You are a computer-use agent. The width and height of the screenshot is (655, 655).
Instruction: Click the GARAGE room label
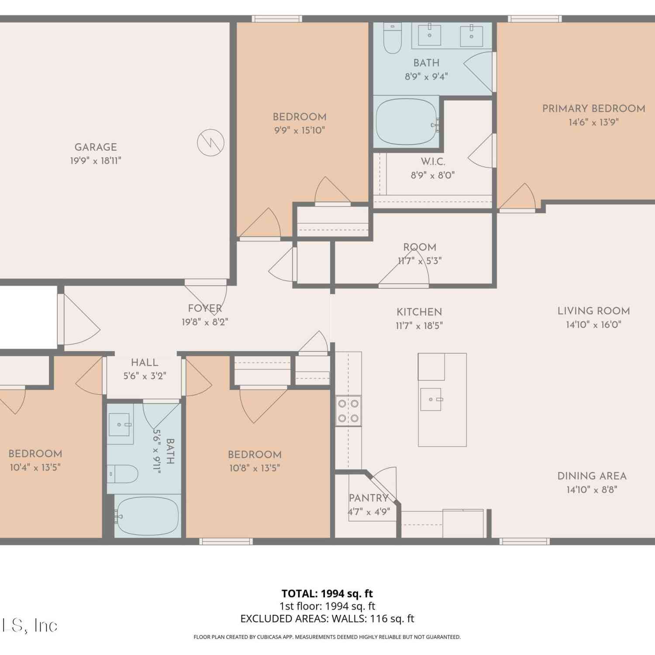tap(96, 147)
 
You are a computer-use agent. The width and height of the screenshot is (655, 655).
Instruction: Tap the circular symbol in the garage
tap(210, 142)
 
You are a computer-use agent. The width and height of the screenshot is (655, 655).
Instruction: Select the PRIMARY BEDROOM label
tap(593, 109)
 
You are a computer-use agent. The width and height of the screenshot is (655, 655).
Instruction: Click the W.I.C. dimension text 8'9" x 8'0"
tap(433, 175)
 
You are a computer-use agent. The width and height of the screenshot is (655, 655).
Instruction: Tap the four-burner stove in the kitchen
tap(348, 411)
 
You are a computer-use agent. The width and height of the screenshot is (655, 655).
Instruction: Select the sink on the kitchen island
tap(431, 399)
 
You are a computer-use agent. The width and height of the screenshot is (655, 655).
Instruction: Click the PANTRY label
tap(369, 498)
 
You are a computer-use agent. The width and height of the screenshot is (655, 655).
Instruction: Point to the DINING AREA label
tap(592, 476)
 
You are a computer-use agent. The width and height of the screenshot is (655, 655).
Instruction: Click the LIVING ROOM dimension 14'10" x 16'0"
tap(593, 324)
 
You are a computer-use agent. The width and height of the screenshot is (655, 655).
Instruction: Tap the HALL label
tap(145, 362)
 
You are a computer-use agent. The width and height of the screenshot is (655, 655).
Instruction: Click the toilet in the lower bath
tap(123, 474)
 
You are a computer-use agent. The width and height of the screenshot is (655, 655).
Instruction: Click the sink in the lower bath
tap(121, 424)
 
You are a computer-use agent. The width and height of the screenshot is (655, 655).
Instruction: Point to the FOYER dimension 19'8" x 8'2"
tap(205, 322)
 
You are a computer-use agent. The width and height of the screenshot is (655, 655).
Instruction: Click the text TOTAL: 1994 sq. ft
tap(327, 593)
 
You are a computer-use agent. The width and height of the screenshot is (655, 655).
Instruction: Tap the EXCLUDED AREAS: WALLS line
tap(327, 618)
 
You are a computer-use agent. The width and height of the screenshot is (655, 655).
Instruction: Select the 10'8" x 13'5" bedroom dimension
tap(255, 468)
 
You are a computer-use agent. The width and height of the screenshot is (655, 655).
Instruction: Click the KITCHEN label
tap(419, 312)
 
